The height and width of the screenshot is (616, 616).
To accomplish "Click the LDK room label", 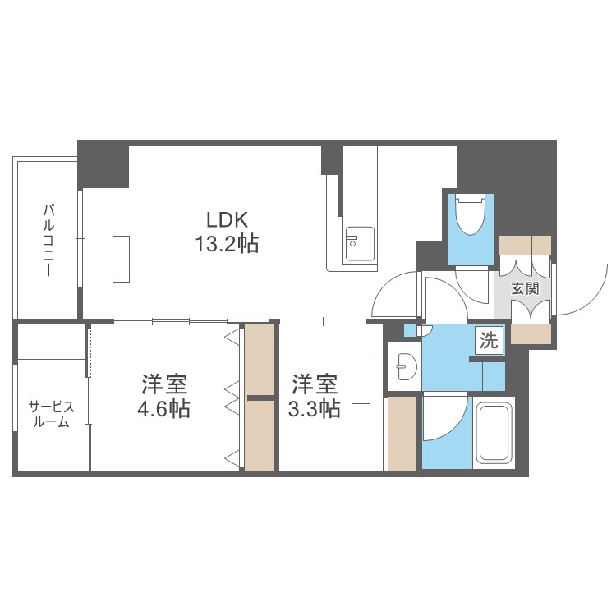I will tap(227, 219).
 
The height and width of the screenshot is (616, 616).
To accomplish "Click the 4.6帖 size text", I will tap(163, 409).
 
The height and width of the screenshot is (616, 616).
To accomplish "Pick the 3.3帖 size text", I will tap(314, 409).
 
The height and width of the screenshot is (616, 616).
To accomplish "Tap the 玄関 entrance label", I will tap(525, 289).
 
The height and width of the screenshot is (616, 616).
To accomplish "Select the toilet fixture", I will tap(471, 214).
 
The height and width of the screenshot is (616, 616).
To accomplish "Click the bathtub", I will tap(494, 434).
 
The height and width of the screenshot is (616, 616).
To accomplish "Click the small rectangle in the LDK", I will tap(121, 259).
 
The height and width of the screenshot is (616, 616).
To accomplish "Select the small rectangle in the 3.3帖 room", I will tap(361, 382).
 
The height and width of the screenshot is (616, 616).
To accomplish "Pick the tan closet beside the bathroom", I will tap(402, 434).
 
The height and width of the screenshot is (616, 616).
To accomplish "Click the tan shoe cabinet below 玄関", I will tap(531, 333).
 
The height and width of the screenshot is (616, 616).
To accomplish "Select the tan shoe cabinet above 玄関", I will tap(525, 244).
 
